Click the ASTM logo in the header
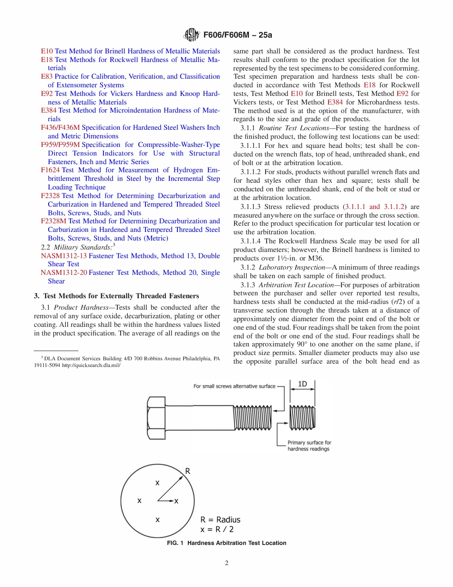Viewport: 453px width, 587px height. [x=192, y=35]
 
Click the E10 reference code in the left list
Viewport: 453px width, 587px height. [x=47, y=51]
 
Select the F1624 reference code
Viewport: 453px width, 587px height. [x=50, y=170]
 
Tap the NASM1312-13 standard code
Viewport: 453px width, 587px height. [x=64, y=256]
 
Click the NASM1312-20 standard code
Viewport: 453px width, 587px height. [x=64, y=273]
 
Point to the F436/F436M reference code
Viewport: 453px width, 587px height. [x=61, y=127]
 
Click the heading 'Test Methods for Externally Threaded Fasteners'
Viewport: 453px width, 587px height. [x=123, y=296]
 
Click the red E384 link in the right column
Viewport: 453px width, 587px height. [x=335, y=102]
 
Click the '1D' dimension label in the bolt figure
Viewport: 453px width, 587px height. [x=302, y=384]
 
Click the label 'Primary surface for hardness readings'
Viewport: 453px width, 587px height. [x=309, y=446]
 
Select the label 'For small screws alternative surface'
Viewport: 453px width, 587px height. [x=234, y=386]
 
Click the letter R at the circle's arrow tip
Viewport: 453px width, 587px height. [x=188, y=471]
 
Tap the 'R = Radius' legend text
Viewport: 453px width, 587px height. [x=220, y=520]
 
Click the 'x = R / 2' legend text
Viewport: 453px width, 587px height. [x=217, y=529]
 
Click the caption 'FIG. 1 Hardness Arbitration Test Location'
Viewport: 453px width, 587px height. [x=226, y=543]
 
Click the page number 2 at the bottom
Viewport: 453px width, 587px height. [x=226, y=563]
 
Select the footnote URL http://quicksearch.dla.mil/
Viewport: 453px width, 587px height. [x=91, y=365]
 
